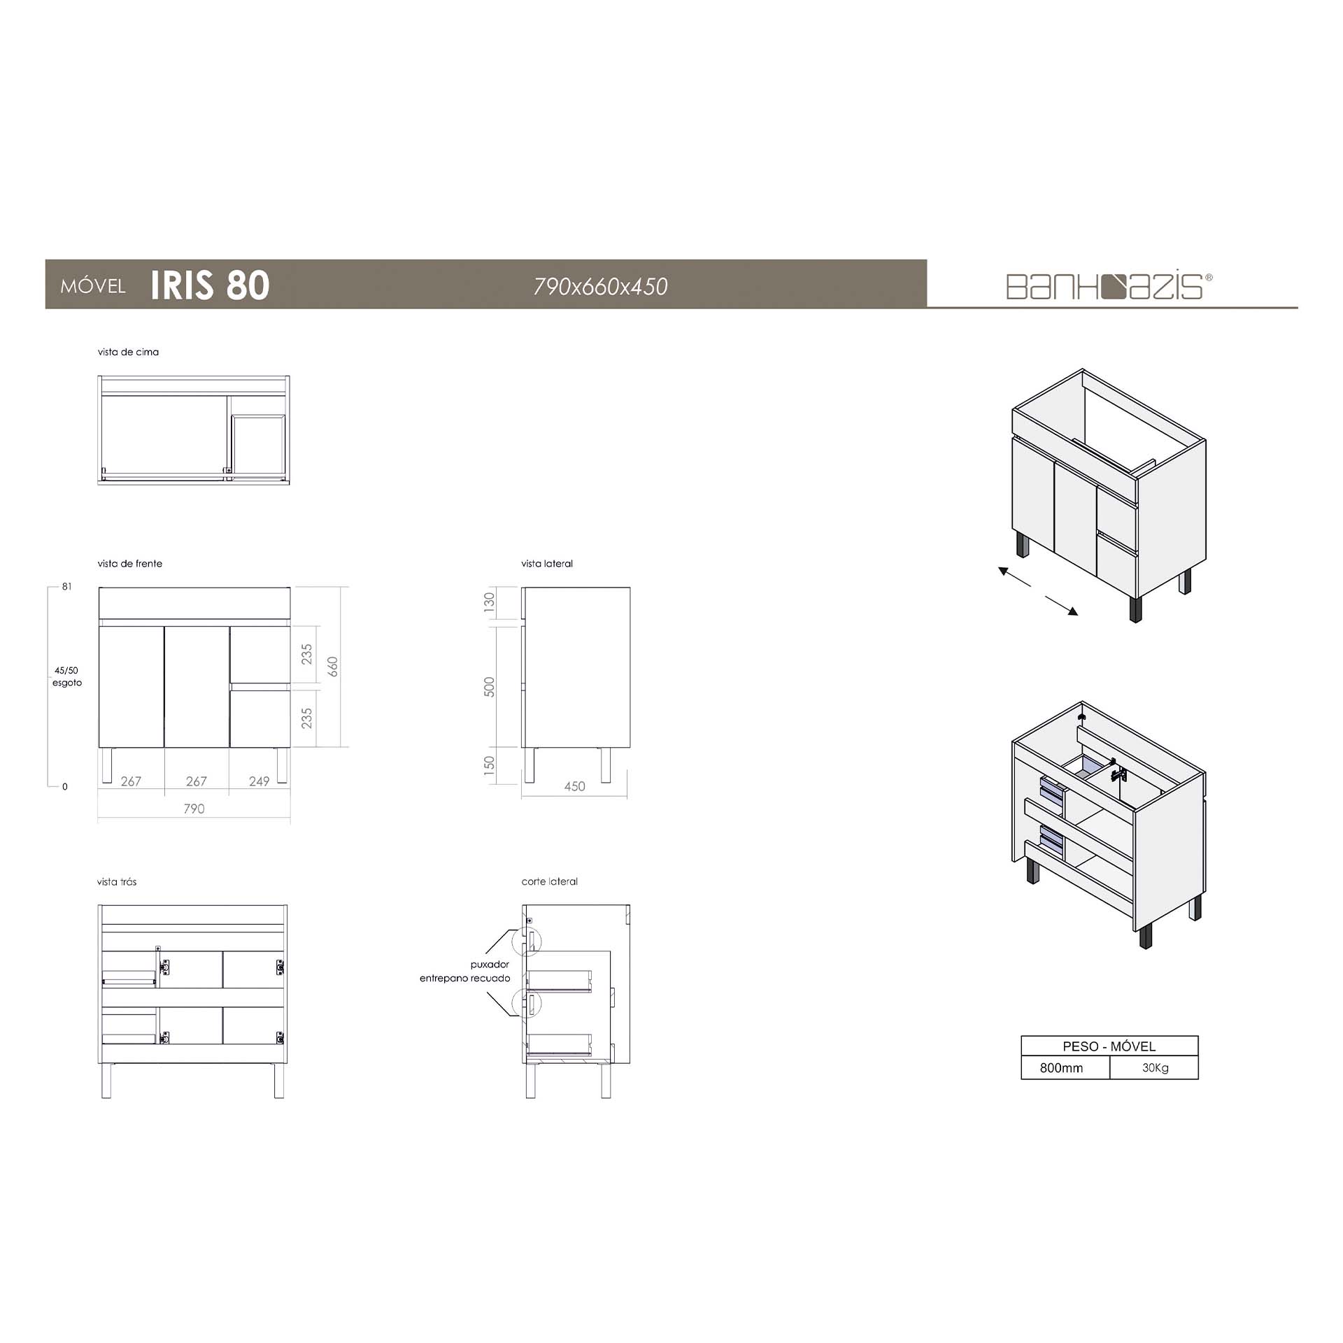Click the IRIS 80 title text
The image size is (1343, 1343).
point(210,285)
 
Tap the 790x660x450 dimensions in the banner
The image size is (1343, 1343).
point(600,286)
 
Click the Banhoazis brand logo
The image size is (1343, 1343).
point(1109,286)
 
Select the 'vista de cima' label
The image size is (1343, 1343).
point(128,352)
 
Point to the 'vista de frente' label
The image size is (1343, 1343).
point(130,564)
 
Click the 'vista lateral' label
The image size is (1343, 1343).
point(547,564)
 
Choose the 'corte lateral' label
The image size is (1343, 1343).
point(550,881)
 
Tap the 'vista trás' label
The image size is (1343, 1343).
point(117,881)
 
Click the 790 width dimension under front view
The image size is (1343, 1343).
point(194,809)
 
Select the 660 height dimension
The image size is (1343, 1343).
point(333,667)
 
